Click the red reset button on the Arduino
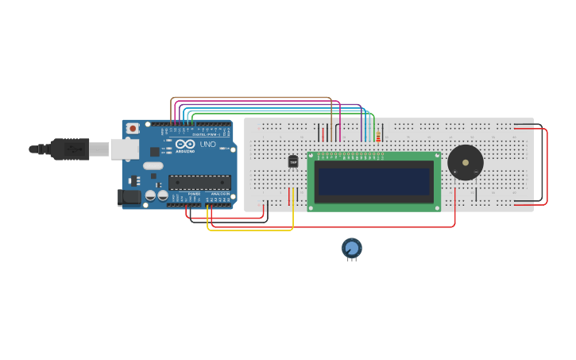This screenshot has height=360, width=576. (x=133, y=127)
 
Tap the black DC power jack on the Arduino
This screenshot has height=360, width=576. (x=129, y=197)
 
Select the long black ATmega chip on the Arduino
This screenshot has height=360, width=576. (x=199, y=182)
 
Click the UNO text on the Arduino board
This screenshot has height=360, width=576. (x=207, y=144)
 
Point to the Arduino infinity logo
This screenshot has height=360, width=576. (x=186, y=144)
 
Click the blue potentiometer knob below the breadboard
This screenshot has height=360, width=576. (x=352, y=248)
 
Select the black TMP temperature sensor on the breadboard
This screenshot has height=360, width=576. (x=293, y=161)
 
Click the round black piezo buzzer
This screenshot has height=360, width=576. (x=465, y=162)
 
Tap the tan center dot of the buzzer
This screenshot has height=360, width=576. (x=465, y=162)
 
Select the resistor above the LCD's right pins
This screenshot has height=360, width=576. (x=378, y=135)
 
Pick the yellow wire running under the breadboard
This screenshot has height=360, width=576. (x=250, y=230)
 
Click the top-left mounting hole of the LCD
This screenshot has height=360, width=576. (x=311, y=156)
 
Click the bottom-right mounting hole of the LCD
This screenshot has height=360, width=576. (x=436, y=207)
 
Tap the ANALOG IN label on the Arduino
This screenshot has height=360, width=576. (x=220, y=194)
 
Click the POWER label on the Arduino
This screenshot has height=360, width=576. (x=194, y=194)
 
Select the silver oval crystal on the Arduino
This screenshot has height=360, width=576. (x=153, y=166)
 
